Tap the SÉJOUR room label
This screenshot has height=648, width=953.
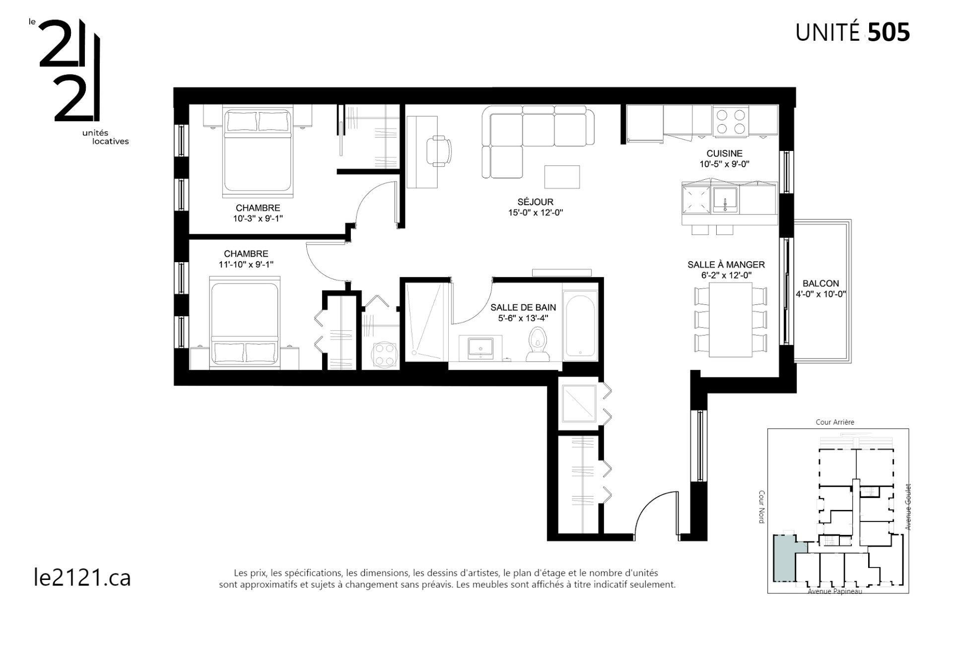[535, 202]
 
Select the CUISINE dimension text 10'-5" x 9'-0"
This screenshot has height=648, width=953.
[724, 164]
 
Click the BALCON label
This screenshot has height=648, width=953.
[820, 284]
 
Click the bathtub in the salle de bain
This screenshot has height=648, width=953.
[580, 326]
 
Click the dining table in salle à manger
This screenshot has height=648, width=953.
[730, 319]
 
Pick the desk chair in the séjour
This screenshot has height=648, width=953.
[440, 150]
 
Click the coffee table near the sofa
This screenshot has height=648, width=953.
[562, 177]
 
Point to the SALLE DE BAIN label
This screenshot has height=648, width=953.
[523, 308]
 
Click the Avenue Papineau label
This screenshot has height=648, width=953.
[835, 591]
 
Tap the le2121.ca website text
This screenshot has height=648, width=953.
[82, 577]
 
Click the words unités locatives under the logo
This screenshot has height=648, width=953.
[105, 137]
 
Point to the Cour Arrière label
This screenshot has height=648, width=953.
[835, 422]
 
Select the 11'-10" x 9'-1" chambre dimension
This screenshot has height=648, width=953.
[246, 265]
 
